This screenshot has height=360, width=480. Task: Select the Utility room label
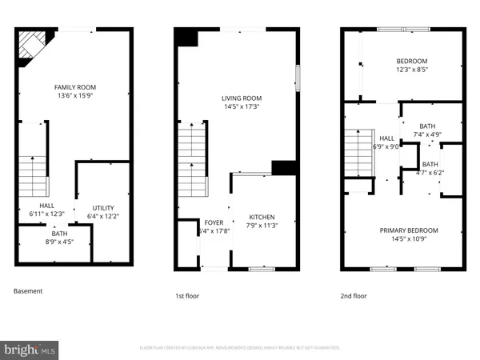[103, 207]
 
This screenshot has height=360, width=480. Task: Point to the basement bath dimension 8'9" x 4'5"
[60, 242]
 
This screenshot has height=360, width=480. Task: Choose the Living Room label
[242, 98]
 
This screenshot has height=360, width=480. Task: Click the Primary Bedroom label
[402, 230]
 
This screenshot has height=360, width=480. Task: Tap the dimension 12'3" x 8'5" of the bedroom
[411, 70]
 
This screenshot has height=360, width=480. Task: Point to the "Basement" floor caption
[28, 291]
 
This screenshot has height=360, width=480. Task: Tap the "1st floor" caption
[189, 296]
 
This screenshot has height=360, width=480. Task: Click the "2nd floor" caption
[354, 296]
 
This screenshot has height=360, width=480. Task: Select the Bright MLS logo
[30, 350]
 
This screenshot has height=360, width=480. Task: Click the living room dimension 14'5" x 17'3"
[242, 106]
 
